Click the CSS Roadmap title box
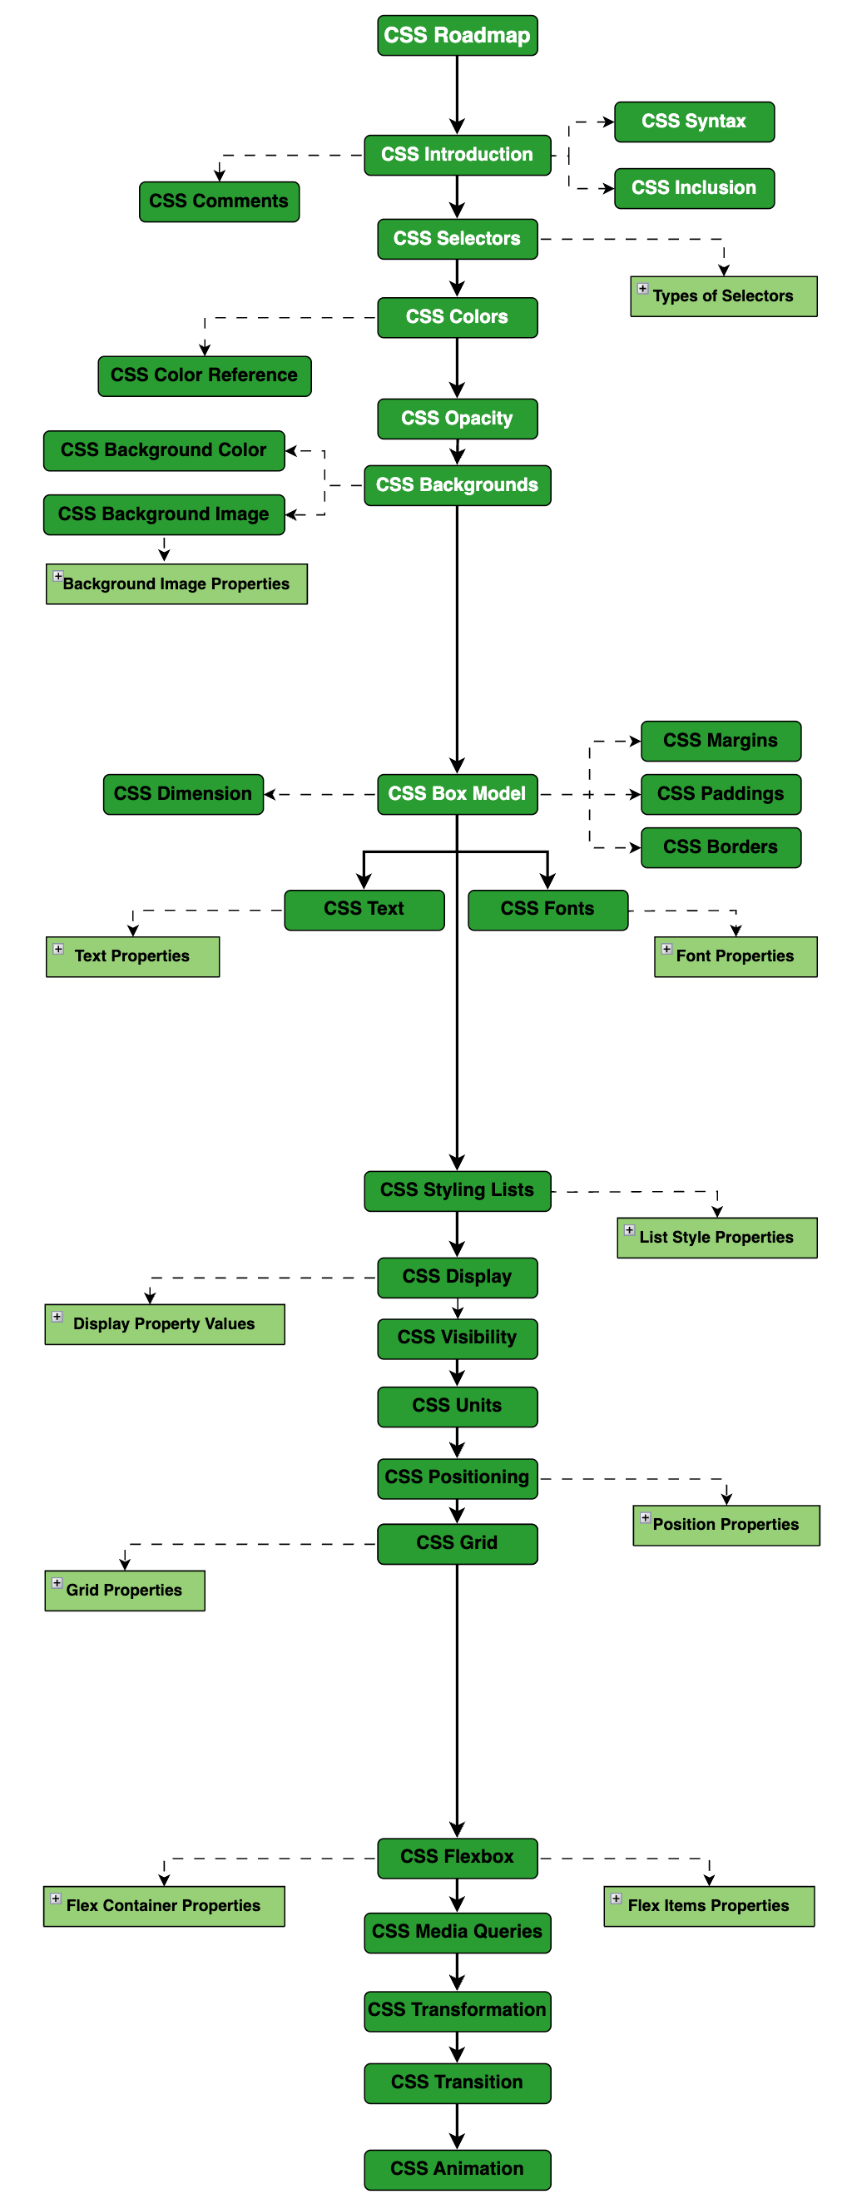coord(457,35)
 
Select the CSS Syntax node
coord(694,122)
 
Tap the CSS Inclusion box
coord(694,188)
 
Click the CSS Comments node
coord(219,201)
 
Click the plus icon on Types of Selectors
coord(642,288)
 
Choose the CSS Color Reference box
coord(205,375)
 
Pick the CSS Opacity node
coord(457,419)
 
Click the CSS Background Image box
coord(163,514)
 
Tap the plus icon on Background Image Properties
coord(58,576)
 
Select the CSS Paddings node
coord(721,794)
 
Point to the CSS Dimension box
coord(183,794)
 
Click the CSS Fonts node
coord(547,910)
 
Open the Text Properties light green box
coord(132,956)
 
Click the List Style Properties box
coord(717,1237)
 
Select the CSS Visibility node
coord(457,1338)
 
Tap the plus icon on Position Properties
coord(645,1517)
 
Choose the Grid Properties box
coord(125,1591)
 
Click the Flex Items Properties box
coord(708,1906)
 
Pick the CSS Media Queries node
coord(457,1932)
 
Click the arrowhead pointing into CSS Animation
coord(457,2142)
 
